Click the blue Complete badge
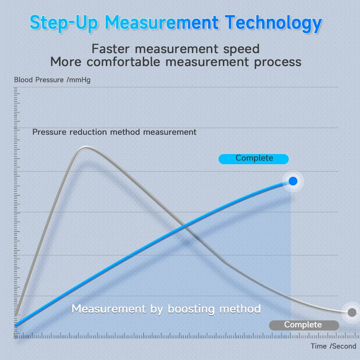point(254,158)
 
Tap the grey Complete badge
point(303,325)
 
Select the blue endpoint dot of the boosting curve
point(293,181)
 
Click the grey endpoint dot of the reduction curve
point(352,312)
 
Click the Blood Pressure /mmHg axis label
point(52,80)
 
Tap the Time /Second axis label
point(333,346)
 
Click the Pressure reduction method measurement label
point(114,132)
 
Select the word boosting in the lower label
point(191,309)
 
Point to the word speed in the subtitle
point(242,49)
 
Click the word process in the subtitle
point(278,62)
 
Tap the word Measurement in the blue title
point(162,22)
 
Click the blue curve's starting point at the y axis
point(15,325)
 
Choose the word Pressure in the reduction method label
point(49,132)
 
